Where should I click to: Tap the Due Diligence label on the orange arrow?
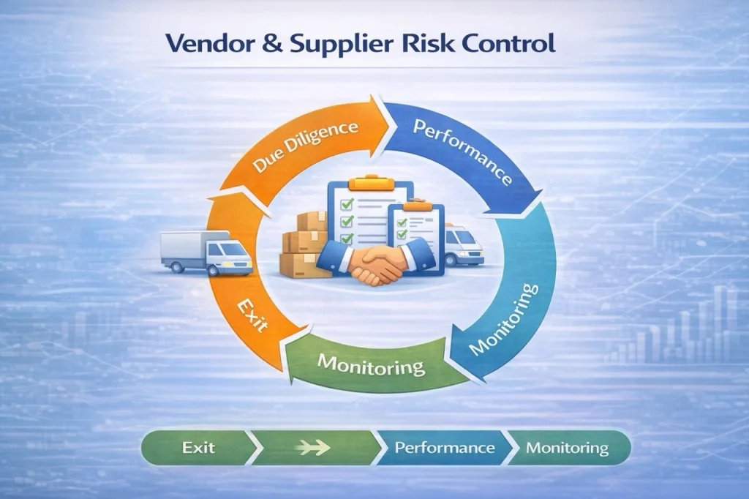point(306,149)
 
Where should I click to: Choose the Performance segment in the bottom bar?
point(444,446)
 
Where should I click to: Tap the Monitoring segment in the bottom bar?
point(567,446)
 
